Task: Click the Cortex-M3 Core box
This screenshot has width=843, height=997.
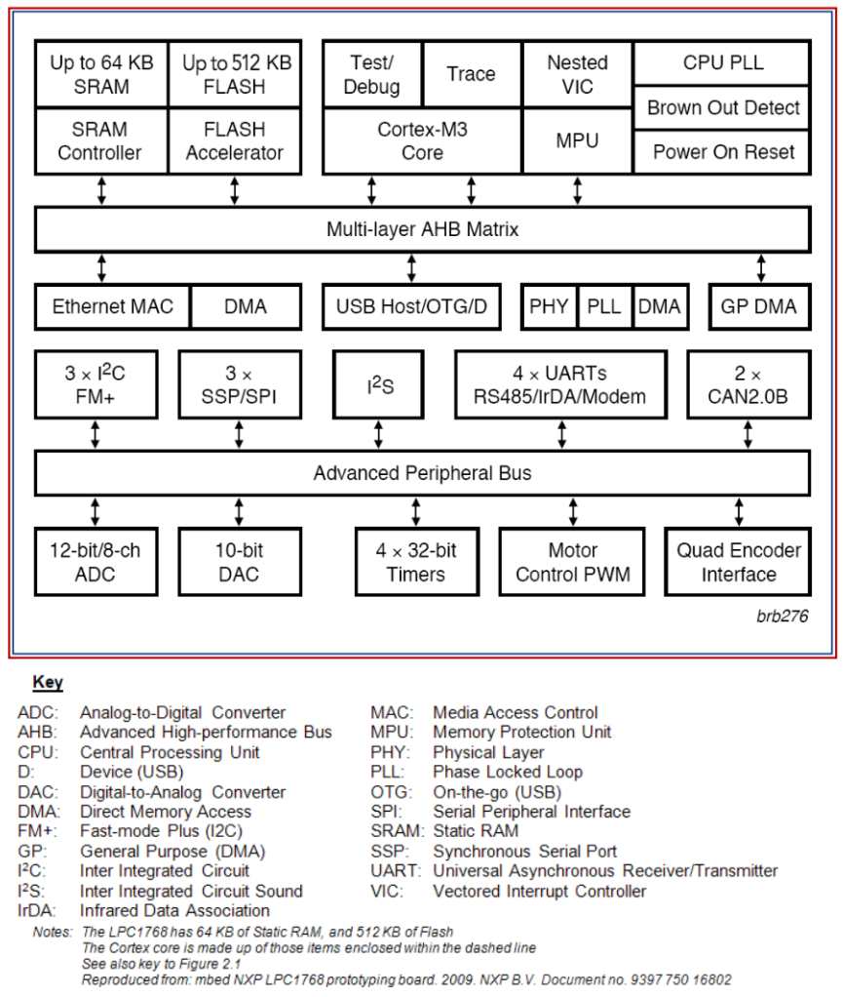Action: (422, 140)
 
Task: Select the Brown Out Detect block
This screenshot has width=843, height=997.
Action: (722, 107)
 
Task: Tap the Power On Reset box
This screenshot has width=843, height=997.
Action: (722, 151)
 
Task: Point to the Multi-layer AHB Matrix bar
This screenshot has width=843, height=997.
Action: (422, 230)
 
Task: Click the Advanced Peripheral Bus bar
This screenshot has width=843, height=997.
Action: (422, 473)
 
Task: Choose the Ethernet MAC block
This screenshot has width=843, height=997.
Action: (112, 306)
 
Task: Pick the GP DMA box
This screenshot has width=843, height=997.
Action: (758, 306)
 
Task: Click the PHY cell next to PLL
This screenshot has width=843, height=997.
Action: (550, 306)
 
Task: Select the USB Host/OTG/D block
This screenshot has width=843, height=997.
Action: (411, 306)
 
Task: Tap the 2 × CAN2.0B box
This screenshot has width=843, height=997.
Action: (747, 385)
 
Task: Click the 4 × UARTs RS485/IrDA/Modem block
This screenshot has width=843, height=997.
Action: (560, 385)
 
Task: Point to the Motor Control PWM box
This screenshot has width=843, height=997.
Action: (572, 562)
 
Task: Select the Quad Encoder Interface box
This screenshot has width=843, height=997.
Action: (738, 562)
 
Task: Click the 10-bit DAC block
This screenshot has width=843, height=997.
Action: (239, 562)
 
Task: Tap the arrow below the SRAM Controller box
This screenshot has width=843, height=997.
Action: (101, 190)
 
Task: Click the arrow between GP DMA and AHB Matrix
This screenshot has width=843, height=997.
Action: (760, 268)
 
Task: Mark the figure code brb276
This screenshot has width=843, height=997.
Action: (782, 617)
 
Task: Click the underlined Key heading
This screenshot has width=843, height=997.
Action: (48, 682)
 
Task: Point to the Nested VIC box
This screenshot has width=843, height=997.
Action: (577, 74)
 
